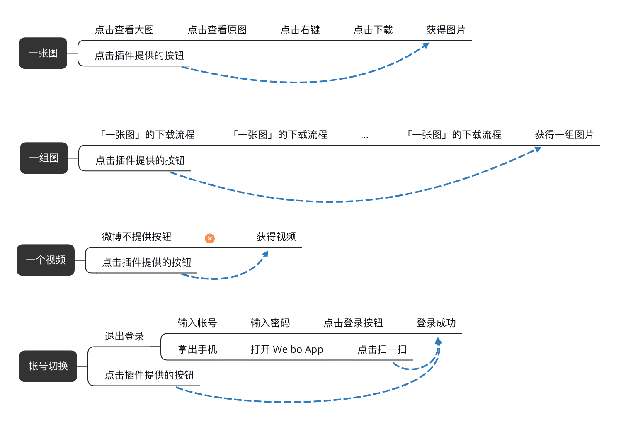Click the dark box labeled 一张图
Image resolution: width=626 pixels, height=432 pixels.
coord(43,53)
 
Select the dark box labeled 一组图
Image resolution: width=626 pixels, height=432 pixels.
coord(44,158)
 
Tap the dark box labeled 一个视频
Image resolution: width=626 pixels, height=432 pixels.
coord(46,260)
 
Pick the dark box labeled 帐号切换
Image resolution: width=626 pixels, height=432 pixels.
coord(48,366)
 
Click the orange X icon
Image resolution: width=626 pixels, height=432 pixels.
coord(210,238)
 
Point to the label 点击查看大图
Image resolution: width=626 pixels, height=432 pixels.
coord(124,30)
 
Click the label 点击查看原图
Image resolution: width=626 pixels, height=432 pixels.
coord(217,30)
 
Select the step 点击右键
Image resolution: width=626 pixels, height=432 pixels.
coord(300,30)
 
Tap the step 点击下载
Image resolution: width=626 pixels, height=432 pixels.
coord(373,30)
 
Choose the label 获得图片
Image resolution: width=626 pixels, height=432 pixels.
coord(446,30)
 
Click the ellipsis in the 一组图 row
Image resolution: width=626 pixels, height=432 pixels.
coord(364,136)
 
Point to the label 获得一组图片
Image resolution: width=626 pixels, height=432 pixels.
coord(564,135)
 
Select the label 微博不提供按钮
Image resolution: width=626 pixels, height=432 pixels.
coord(137,237)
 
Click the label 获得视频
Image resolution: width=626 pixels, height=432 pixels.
coord(276,237)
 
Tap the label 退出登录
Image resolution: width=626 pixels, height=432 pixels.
coord(124,336)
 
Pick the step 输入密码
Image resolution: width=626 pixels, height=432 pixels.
coord(270,323)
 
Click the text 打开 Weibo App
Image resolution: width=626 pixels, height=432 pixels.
coord(287,349)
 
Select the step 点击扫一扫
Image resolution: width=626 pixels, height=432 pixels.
coord(382,349)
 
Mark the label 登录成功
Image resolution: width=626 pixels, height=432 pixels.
coord(436,323)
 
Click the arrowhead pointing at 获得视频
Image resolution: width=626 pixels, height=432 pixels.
coord(266,254)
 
